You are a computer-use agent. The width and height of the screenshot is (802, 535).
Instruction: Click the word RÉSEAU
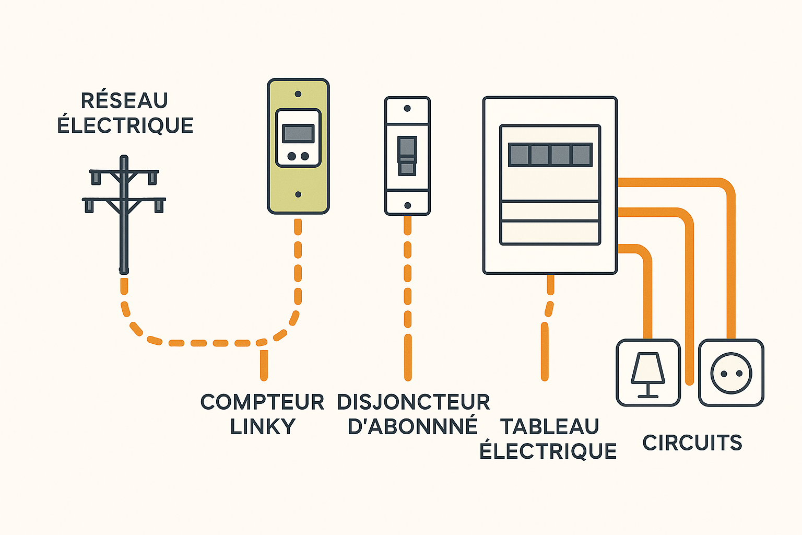(124, 100)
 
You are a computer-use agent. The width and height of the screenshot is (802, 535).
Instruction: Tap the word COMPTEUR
(262, 402)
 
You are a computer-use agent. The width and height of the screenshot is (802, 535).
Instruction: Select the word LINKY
(263, 427)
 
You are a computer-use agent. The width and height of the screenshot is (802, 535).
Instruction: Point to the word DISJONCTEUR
(413, 402)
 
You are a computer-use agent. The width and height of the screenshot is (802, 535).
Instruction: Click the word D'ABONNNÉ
(412, 426)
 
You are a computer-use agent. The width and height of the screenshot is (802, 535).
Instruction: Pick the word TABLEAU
(549, 427)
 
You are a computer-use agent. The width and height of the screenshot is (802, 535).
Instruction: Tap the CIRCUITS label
(692, 443)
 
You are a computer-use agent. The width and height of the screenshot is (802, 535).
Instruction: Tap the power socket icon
(731, 373)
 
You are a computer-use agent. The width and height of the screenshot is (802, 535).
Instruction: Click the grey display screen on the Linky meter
(298, 133)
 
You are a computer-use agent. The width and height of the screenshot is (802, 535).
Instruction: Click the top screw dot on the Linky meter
(298, 94)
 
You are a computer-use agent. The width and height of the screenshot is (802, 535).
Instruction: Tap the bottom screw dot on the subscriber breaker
(407, 205)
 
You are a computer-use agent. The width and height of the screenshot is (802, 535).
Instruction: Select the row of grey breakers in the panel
(550, 155)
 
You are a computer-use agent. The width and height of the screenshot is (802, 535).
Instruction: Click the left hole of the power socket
(724, 374)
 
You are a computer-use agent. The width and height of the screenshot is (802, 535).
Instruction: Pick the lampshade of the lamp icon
(648, 367)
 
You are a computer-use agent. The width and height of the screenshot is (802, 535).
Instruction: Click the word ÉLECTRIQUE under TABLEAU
(548, 451)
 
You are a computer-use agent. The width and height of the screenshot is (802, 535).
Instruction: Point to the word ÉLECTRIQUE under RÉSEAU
(125, 125)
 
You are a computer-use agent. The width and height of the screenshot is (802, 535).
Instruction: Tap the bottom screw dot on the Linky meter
(298, 194)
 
